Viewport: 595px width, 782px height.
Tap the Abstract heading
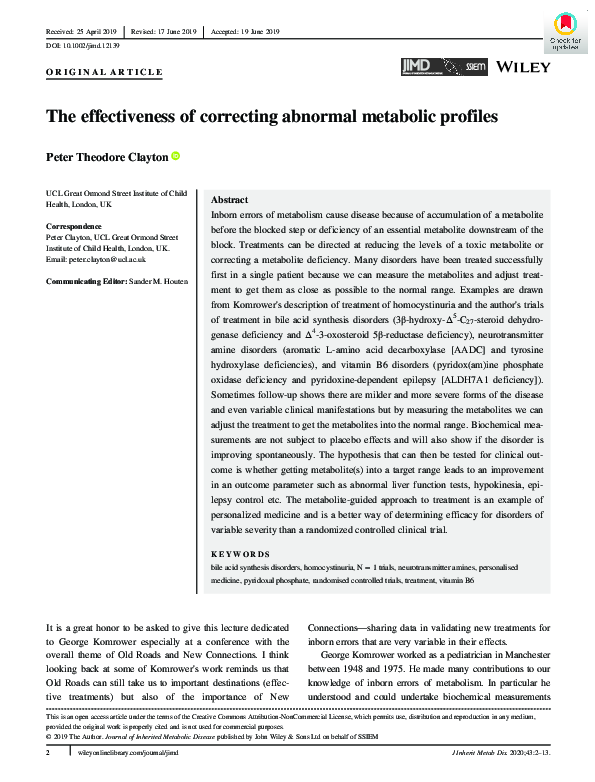230,200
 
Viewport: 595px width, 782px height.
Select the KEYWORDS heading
241,553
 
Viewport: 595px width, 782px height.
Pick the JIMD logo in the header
415,66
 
